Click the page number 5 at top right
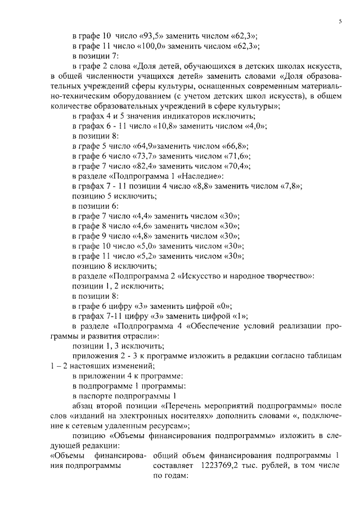(340, 21)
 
